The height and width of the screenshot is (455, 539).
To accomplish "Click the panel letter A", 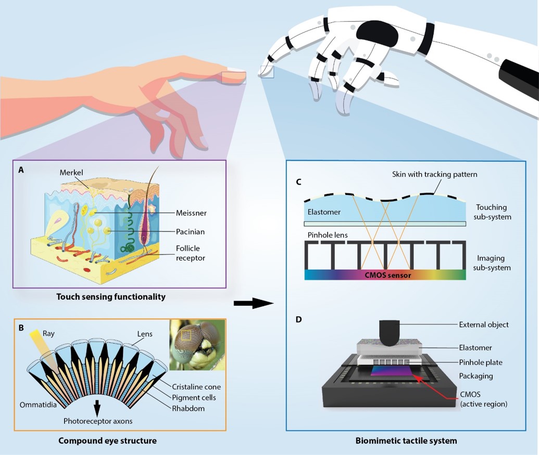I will [21, 169].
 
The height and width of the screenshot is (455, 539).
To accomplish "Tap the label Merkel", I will [71, 173].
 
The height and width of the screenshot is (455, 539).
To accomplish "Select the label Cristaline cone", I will [197, 387].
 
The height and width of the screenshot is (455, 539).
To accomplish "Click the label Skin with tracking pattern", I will [434, 174].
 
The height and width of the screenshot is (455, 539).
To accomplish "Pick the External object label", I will [484, 324].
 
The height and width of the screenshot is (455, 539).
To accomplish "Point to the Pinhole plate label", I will [481, 362].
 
